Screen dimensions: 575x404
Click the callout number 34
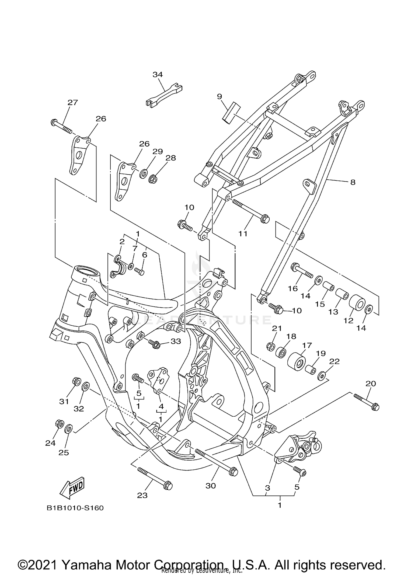point(158,75)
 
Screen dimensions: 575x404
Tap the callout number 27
point(72,103)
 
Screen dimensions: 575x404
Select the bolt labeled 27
point(61,126)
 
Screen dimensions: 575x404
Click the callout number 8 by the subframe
point(353,182)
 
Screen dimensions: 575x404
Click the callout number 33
point(176,341)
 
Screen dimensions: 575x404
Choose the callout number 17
point(307,345)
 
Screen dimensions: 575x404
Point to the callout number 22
point(335,361)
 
